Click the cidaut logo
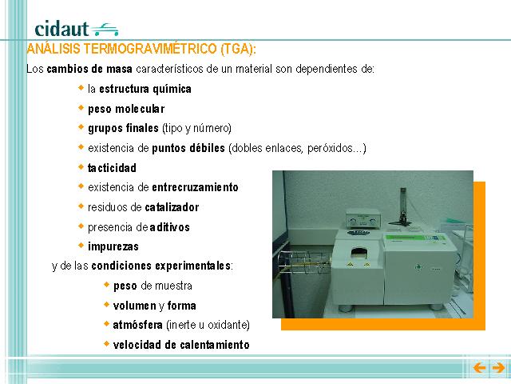[x=77, y=29]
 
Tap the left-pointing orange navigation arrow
[x=479, y=368]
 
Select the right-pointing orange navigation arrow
[x=498, y=368]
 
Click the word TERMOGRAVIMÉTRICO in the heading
[x=150, y=49]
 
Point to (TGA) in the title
[x=236, y=49]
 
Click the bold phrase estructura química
[x=145, y=89]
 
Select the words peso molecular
[x=126, y=109]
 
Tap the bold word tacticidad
[x=112, y=168]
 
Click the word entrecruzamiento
[x=195, y=187]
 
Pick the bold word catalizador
[x=172, y=207]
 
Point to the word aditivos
[x=169, y=227]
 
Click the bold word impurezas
[x=113, y=246]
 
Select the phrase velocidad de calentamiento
[x=181, y=345]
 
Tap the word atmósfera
[x=137, y=325]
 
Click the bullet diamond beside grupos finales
[x=81, y=126]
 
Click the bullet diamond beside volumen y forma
[x=106, y=304]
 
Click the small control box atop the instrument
[x=363, y=218]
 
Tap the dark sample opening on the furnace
[x=358, y=253]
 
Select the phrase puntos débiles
[x=188, y=148]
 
